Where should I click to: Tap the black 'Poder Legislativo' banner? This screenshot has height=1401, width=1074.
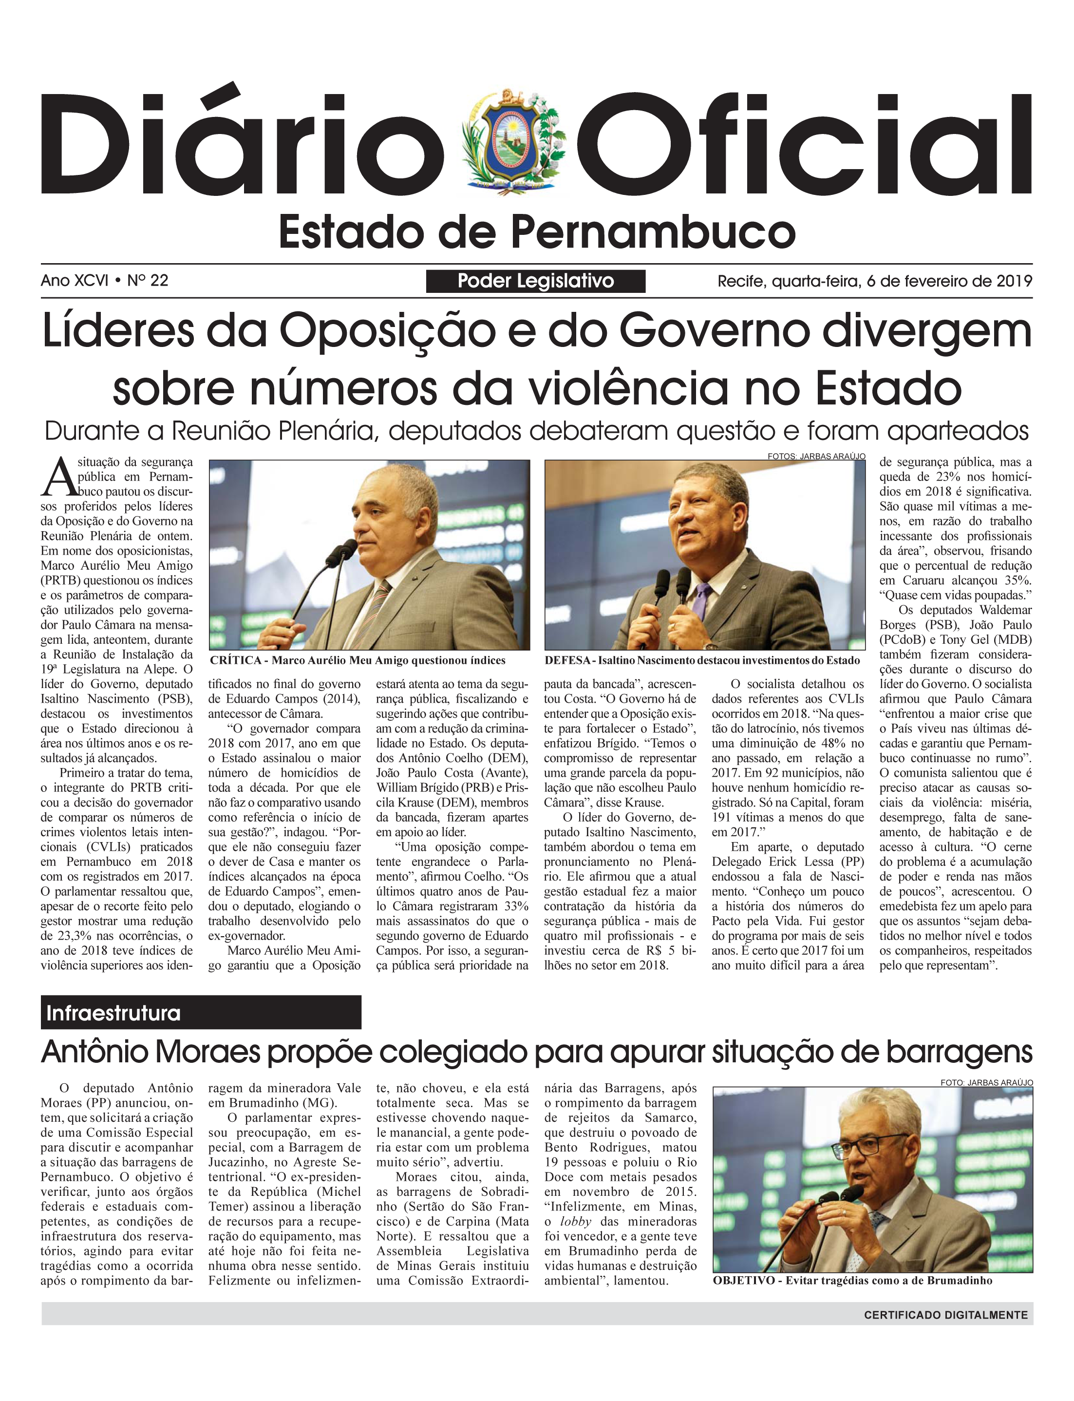pyautogui.click(x=536, y=281)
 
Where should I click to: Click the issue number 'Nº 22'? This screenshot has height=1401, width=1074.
pyautogui.click(x=148, y=281)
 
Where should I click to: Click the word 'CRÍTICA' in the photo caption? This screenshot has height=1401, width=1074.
pyautogui.click(x=235, y=660)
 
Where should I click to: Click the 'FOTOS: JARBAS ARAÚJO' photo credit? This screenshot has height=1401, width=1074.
pyautogui.click(x=816, y=456)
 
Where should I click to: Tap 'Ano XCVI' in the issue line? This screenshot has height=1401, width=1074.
pyautogui.click(x=74, y=281)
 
